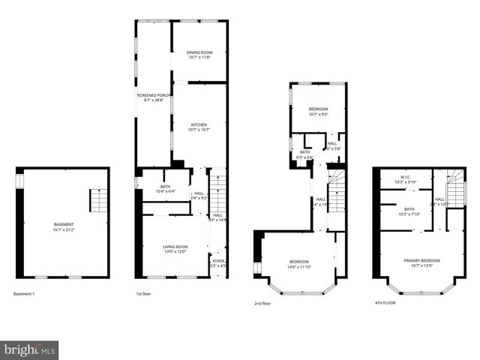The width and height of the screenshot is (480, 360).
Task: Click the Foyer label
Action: (x=217, y=262)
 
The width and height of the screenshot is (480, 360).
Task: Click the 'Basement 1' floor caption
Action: (x=25, y=293)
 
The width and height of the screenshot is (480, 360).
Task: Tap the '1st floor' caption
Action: (x=144, y=293)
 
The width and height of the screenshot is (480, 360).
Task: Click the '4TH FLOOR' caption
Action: (x=385, y=303)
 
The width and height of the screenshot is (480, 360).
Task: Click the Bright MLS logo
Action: (x=30, y=349)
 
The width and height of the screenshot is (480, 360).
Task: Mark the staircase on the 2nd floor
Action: (x=336, y=191)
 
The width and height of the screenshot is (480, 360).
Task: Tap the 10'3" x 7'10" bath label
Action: (x=409, y=211)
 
